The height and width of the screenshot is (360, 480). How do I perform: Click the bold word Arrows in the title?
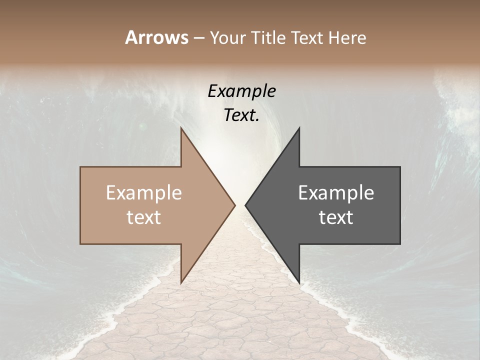[x=156, y=37]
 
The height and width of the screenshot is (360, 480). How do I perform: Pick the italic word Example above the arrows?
[x=241, y=91]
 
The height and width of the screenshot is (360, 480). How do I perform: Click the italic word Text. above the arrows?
[x=240, y=115]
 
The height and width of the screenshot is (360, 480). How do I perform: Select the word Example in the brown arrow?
[x=143, y=193]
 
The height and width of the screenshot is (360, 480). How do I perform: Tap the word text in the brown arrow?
[x=143, y=217]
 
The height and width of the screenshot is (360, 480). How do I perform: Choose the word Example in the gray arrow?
[x=336, y=193]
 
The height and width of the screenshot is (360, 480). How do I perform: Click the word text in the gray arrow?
[x=336, y=217]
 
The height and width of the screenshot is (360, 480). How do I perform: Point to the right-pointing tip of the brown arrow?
[x=234, y=205]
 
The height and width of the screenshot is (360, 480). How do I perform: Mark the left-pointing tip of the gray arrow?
[x=245, y=205]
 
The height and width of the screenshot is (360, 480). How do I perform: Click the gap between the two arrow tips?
[x=240, y=205]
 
